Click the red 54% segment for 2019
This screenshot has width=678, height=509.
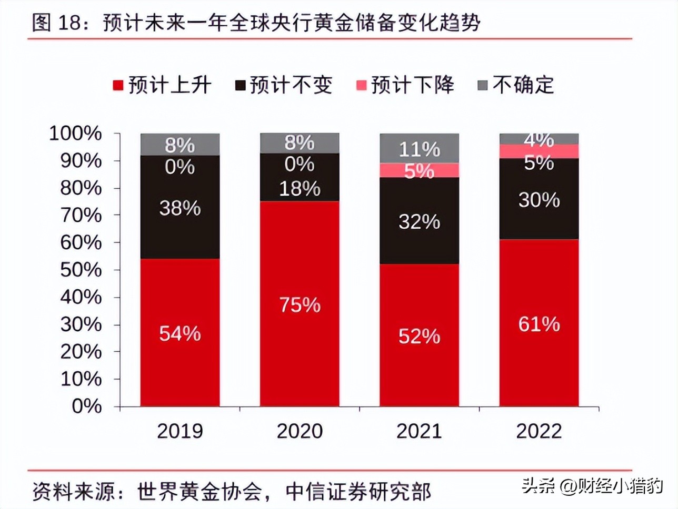click(x=180, y=332)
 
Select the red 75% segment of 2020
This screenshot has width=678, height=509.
click(x=300, y=303)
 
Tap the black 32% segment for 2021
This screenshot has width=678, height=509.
click(x=419, y=221)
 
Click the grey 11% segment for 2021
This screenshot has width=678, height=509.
click(x=419, y=148)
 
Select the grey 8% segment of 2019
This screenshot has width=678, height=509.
click(x=180, y=145)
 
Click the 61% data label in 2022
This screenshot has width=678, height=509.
click(x=539, y=324)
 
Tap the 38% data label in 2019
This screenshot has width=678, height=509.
click(x=180, y=208)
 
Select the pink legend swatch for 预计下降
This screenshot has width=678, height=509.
click(x=361, y=85)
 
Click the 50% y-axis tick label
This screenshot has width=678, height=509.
click(x=81, y=270)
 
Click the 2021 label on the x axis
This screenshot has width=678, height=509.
click(x=419, y=431)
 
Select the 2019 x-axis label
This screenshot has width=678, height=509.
click(x=180, y=431)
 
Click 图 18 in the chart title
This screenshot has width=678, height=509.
click(x=59, y=24)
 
